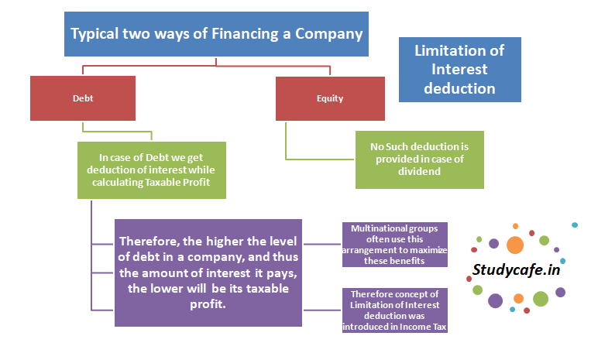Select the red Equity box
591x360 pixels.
pos(330,99)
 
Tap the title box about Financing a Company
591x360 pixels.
pos(217,33)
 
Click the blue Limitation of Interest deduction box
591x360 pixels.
pos(459,70)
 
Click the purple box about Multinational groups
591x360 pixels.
pos(395,244)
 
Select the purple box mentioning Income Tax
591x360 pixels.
pos(395,310)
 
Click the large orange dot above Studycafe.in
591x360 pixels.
pos(514,245)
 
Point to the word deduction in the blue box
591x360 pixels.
pos(460,88)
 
